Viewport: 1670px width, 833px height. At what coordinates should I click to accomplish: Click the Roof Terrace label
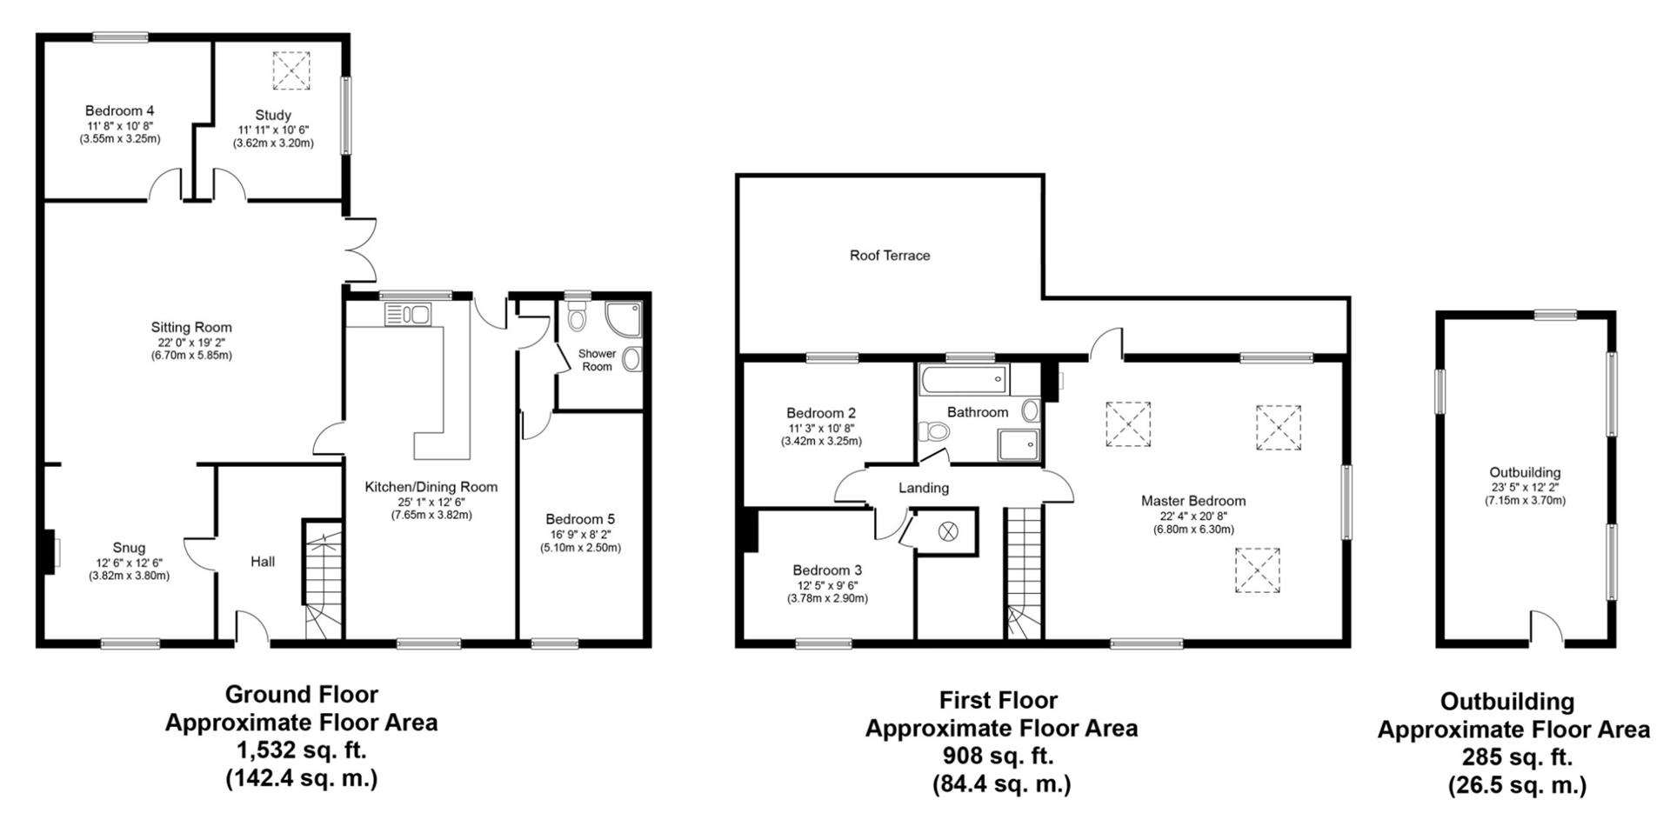889,256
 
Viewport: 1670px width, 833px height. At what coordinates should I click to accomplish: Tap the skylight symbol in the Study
291,70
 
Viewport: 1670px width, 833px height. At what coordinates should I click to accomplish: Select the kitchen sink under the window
407,315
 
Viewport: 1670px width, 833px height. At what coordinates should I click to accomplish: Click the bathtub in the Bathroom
964,380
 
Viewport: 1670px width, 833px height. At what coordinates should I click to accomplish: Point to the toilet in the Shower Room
577,317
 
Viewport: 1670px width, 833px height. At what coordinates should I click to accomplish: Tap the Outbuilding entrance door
1546,628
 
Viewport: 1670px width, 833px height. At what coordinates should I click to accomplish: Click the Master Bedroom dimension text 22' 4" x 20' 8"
1193,516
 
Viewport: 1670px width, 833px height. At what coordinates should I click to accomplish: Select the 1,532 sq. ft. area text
301,750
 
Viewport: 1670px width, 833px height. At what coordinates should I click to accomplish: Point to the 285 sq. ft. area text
1517,757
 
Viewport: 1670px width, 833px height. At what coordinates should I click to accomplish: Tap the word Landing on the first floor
923,488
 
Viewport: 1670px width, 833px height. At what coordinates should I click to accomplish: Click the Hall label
263,562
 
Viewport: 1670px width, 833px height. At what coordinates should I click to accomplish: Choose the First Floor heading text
998,700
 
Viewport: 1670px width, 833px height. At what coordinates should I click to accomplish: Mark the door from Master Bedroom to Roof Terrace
1106,345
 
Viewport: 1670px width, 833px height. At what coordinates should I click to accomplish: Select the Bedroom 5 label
580,519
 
